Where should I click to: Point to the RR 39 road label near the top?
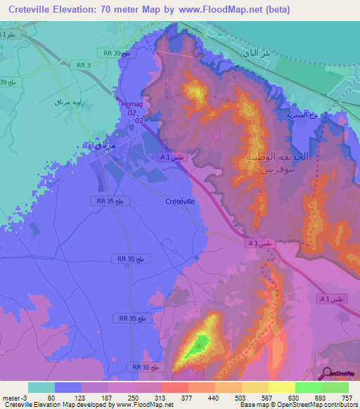click(x=117, y=53)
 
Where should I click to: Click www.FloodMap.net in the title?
click(x=221, y=11)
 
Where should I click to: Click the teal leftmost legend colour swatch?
click(x=41, y=387)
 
